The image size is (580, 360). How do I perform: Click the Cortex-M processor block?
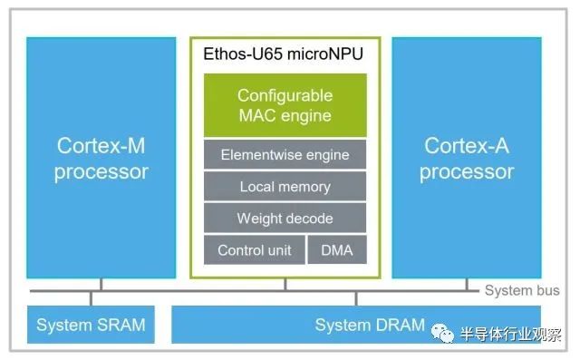coord(101,158)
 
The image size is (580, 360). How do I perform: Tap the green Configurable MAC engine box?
coord(285,105)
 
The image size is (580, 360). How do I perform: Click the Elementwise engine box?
coord(285,155)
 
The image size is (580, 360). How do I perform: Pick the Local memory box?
coord(285,187)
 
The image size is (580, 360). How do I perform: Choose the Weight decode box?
coord(285,219)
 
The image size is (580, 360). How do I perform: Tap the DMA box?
coord(337,250)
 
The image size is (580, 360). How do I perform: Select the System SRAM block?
coord(91,325)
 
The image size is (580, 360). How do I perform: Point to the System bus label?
coord(521,291)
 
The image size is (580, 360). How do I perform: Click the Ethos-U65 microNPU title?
coord(285,54)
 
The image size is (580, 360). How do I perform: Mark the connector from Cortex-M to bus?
coord(101,285)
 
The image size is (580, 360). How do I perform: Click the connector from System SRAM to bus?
coord(91,299)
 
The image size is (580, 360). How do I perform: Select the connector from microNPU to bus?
coord(285,285)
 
